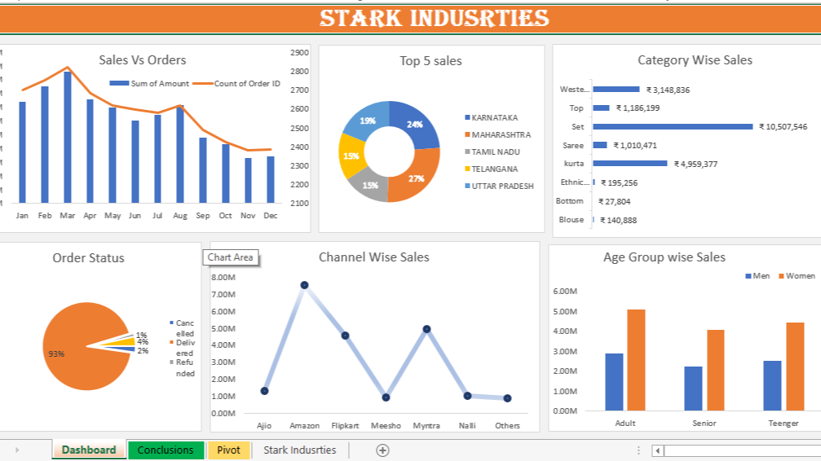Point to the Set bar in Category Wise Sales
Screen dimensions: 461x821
tap(673, 126)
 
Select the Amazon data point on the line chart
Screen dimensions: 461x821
tap(304, 285)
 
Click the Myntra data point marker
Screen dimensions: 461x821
tap(426, 329)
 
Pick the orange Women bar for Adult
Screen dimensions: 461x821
tap(636, 359)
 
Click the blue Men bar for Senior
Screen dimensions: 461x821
tap(693, 388)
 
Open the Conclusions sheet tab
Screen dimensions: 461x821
tap(166, 450)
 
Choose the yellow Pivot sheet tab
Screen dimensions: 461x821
tap(228, 450)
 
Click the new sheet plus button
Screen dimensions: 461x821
tap(382, 450)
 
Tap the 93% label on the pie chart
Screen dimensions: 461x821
tap(56, 354)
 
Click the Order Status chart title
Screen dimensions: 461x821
tap(89, 258)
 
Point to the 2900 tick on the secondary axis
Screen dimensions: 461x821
tap(299, 52)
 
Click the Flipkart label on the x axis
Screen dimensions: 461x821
tap(345, 426)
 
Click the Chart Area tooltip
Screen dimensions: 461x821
tap(231, 257)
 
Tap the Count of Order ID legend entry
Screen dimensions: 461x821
tap(246, 84)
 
